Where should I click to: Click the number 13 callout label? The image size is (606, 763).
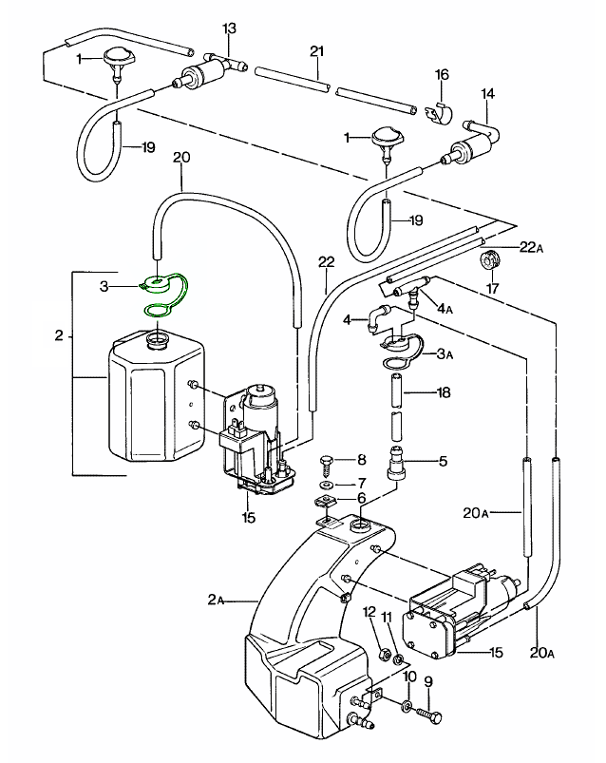pos(229,29)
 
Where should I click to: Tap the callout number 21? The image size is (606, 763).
pos(317,49)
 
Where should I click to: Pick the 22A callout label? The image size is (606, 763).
pos(531,248)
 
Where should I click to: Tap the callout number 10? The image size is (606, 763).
pos(409,678)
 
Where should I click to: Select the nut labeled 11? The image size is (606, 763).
pos(399,658)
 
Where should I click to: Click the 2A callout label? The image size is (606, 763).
pos(215,601)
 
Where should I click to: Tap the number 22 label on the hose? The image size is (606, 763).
pos(326,262)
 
